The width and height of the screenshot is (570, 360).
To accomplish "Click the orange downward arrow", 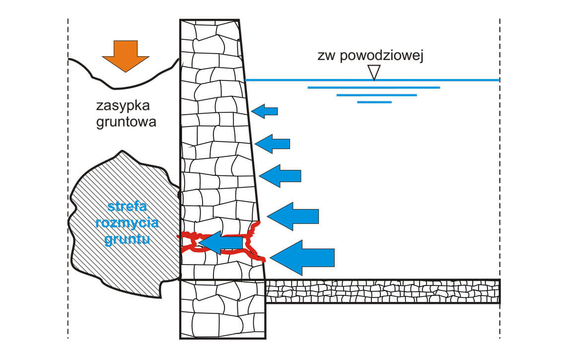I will pyautogui.click(x=126, y=55).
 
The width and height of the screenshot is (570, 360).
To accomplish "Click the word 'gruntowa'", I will pyautogui.click(x=126, y=121).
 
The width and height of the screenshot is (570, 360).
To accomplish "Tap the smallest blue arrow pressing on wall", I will pyautogui.click(x=265, y=111).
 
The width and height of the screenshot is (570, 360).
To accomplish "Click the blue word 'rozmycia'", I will pyautogui.click(x=127, y=222).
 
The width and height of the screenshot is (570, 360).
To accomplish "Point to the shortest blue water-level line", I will pyautogui.click(x=374, y=102).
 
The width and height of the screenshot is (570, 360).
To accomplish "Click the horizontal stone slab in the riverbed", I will pyautogui.click(x=382, y=291).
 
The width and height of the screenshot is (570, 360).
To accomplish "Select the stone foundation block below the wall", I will pyautogui.click(x=222, y=309).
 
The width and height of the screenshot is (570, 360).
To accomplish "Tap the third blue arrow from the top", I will pyautogui.click(x=281, y=176).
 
